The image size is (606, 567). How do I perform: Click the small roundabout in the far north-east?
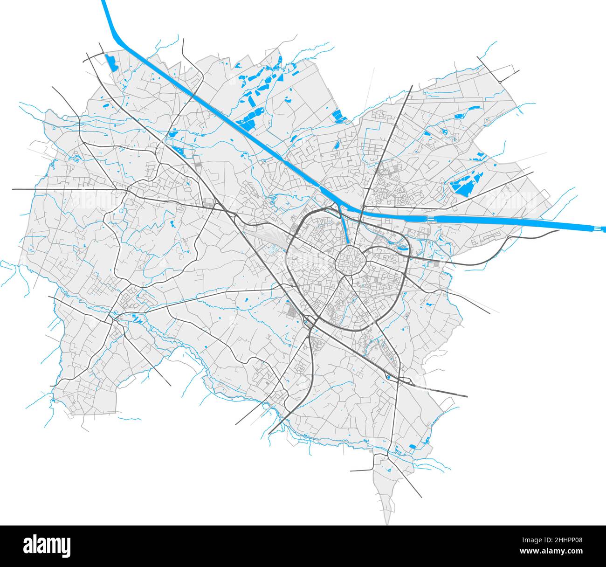(x=499, y=82)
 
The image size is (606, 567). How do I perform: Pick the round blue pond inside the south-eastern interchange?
(x=389, y=377)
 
